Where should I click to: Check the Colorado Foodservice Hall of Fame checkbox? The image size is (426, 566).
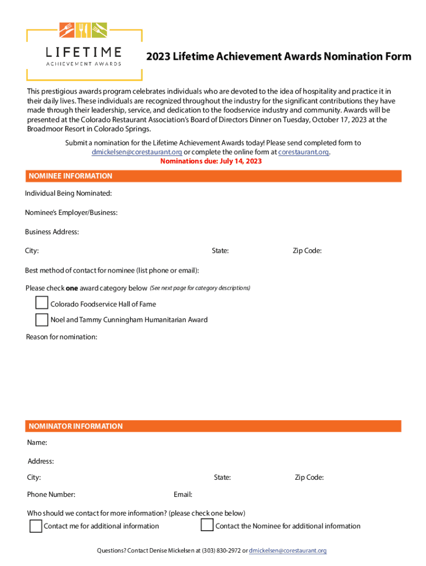click(41, 303)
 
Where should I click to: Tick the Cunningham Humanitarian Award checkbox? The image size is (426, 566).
click(41, 319)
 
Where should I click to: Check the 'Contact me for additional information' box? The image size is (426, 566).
click(35, 526)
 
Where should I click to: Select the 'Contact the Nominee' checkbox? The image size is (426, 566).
click(207, 525)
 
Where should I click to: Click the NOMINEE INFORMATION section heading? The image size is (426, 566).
click(70, 176)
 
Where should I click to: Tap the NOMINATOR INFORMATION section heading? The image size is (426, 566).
click(76, 426)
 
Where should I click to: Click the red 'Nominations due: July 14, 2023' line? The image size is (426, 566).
click(211, 161)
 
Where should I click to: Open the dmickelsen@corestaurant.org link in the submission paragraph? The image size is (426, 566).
click(137, 152)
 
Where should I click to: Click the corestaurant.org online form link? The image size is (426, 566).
click(303, 152)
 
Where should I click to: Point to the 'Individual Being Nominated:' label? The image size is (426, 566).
click(69, 193)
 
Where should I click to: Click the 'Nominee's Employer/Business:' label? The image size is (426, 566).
click(71, 213)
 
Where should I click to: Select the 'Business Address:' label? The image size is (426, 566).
click(52, 232)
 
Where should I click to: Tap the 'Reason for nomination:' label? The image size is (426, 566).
click(61, 337)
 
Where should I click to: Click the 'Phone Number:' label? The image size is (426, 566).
click(51, 494)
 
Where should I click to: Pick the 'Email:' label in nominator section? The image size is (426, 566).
click(183, 494)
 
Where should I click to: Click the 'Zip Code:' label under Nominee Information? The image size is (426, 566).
click(307, 251)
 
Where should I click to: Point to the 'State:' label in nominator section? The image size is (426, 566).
click(222, 478)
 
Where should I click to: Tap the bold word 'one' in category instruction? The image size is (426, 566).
click(72, 288)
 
